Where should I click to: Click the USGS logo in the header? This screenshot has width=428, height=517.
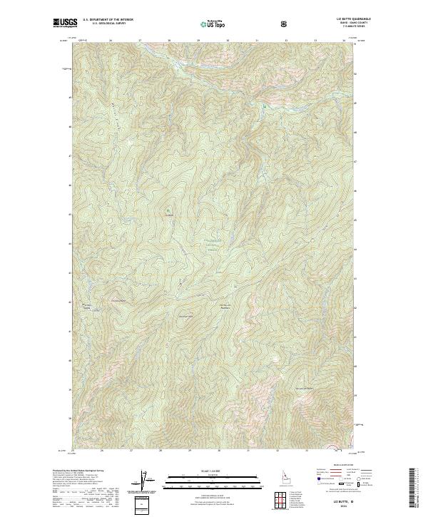pos(66,24)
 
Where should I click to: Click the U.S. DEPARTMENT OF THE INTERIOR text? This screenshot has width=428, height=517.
pos(108,20)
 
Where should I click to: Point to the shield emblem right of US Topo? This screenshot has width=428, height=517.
pos(285,24)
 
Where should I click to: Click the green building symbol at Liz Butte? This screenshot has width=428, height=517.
pos(169,211)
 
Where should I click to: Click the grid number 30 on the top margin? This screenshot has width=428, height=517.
pos(228,41)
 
